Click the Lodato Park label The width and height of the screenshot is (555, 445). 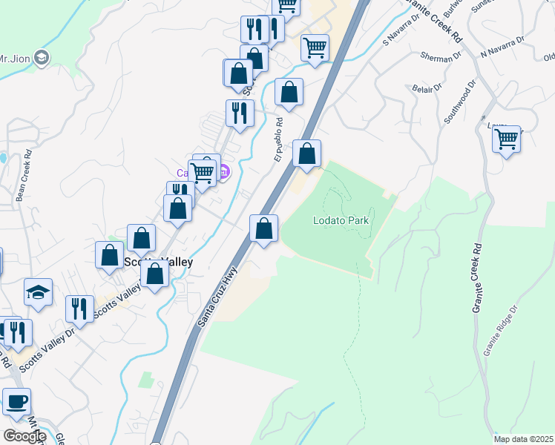point(341,220)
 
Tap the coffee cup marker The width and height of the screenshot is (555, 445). point(16,403)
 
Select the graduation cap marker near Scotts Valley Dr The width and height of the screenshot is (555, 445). point(38,293)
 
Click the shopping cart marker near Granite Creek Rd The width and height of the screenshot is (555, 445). point(507,139)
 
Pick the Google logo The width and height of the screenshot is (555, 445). point(24,436)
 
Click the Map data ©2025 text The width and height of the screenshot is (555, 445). point(524,439)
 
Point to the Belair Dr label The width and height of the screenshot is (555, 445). point(427,88)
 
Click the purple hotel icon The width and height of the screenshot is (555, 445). point(223,174)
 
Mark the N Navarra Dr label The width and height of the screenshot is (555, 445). point(502,49)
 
